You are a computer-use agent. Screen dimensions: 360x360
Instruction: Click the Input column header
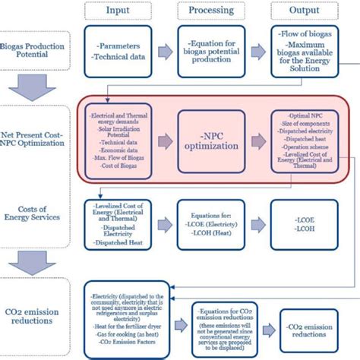[118, 11]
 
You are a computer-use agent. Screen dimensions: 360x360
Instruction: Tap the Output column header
[303, 11]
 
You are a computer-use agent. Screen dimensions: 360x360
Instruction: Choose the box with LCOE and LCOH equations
[211, 225]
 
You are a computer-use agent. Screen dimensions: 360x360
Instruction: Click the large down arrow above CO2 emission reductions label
[35, 267]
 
